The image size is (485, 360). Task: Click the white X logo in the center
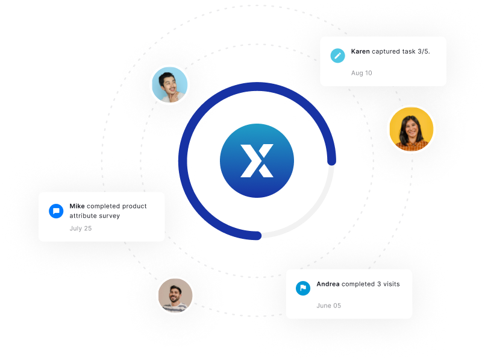tap(257, 160)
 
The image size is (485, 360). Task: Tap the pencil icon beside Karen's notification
tap(338, 55)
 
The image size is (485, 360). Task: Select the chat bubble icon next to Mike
tap(56, 211)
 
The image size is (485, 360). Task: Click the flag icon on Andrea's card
tap(303, 288)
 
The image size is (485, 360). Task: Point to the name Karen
tap(360, 51)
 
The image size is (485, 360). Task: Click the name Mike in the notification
tap(77, 206)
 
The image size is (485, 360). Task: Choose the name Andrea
tap(328, 284)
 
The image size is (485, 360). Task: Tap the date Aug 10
tap(361, 73)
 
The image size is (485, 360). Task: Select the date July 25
tap(81, 229)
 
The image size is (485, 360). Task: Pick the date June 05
tap(329, 306)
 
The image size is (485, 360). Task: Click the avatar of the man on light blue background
tap(170, 84)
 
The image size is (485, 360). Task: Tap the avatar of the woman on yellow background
tap(411, 129)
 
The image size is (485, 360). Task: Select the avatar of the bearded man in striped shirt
tap(175, 295)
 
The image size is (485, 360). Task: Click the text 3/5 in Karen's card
tap(424, 51)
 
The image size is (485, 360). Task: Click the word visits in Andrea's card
tap(392, 284)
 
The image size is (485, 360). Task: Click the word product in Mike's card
tap(134, 206)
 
